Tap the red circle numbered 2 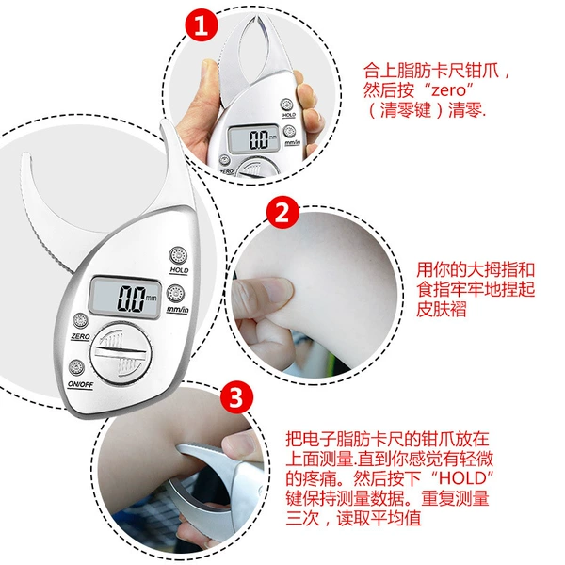282,214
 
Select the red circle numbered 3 236,397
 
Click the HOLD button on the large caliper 178,256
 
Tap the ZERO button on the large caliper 80,321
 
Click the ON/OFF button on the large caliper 77,368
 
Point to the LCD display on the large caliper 124,298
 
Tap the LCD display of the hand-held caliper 254,139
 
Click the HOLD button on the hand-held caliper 286,105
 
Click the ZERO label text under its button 80,336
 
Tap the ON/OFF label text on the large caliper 81,384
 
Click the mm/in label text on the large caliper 178,309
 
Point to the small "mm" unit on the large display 151,298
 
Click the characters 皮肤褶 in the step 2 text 442,309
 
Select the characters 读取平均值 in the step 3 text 379,519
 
